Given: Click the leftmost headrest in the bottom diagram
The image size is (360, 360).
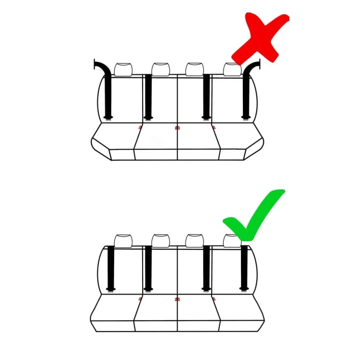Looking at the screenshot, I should click(x=123, y=240).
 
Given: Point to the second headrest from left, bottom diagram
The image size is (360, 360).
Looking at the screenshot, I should click(x=161, y=240).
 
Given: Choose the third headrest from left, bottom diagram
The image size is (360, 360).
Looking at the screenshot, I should click(x=194, y=240).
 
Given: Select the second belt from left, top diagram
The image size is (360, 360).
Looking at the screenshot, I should click(x=148, y=96).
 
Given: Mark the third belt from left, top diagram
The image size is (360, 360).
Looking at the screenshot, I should click(x=206, y=96).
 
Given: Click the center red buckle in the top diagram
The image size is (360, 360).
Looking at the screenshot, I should click(x=178, y=128).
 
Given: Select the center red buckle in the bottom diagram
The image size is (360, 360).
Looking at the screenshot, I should click(x=178, y=299).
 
